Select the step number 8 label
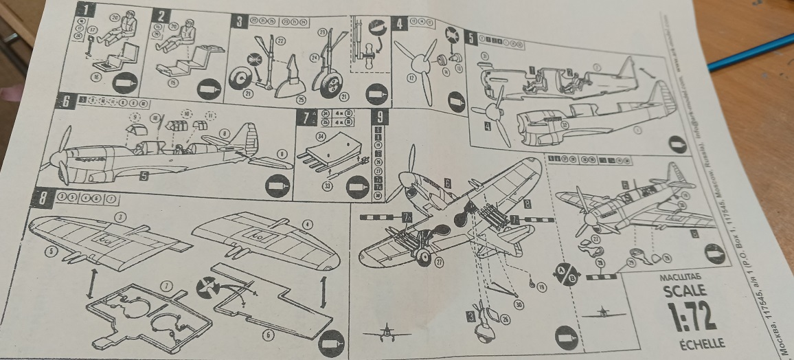(44, 199)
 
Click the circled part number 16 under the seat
(96, 77)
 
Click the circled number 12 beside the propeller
(411, 79)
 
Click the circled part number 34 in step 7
(321, 137)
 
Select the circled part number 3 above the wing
(121, 217)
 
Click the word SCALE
(684, 291)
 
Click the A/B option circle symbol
(565, 271)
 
